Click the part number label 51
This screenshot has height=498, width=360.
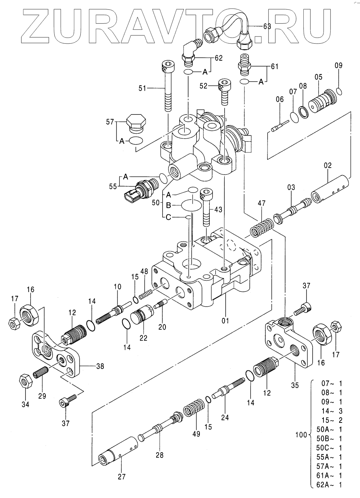tap(142, 89)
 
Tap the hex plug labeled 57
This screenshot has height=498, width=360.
tap(136, 124)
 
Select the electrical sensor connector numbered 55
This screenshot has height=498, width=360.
tap(141, 189)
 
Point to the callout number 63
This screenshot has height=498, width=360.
tap(267, 26)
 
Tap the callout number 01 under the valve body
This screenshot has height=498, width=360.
tap(225, 320)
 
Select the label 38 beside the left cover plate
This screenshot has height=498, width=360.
tap(100, 366)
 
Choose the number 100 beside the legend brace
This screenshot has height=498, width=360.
tap(301, 435)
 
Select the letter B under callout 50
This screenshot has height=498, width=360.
tap(168, 206)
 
